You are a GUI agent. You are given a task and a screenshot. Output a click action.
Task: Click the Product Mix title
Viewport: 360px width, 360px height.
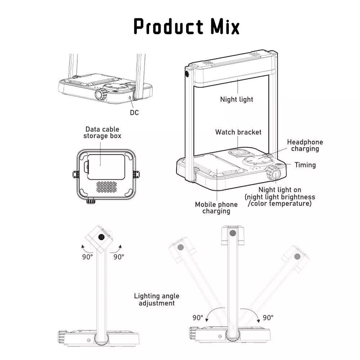tap(186, 26)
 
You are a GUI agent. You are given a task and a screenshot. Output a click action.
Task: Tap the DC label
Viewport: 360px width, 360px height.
tap(134, 112)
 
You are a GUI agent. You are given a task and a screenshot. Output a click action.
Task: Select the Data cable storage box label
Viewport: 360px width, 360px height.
tap(102, 132)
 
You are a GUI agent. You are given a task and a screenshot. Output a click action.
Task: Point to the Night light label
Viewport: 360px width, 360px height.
tap(237, 99)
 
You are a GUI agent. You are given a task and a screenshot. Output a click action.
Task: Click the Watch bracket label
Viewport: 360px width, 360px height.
tap(238, 132)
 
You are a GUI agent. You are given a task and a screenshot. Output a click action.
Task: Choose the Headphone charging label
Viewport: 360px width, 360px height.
tap(305, 145)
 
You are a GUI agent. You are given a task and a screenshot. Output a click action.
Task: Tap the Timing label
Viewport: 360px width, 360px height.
tap(305, 165)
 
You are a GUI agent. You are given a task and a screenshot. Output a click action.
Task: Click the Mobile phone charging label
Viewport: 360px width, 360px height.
tap(216, 208)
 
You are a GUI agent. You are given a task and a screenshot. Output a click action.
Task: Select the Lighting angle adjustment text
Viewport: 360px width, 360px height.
tap(157, 300)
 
